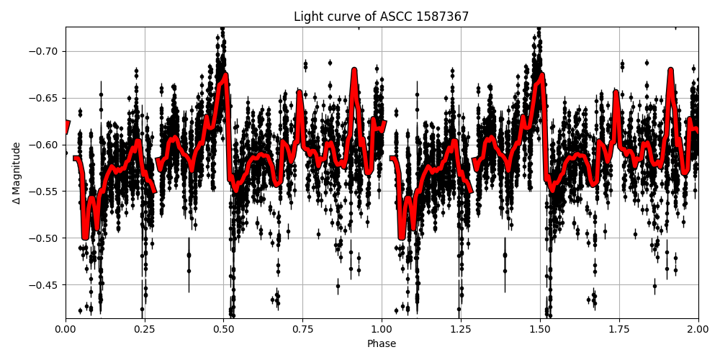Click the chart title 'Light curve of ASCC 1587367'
[x=381, y=17]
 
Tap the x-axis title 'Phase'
[x=382, y=344]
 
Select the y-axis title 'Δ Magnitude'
[x=17, y=173]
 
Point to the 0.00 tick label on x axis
[x=66, y=330]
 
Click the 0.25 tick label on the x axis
[x=145, y=330]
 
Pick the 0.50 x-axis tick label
[x=224, y=330]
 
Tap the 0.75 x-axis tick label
[x=302, y=330]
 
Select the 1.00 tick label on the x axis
[x=382, y=330]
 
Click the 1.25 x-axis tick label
[x=461, y=330]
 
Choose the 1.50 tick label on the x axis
[x=540, y=330]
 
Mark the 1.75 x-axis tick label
[x=619, y=330]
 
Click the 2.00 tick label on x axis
[x=698, y=330]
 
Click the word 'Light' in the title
[x=307, y=17]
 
